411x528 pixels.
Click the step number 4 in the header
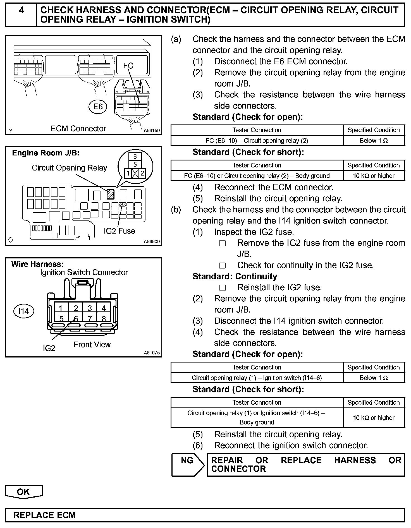point(21,11)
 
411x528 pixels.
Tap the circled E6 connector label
point(98,107)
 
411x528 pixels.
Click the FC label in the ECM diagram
point(128,66)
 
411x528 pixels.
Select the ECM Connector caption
point(78,129)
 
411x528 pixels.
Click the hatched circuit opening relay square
point(110,194)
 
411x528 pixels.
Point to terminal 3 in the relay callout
point(135,157)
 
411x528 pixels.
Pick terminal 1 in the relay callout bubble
point(128,174)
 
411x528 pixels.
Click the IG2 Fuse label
point(119,231)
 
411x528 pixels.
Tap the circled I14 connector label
point(23,311)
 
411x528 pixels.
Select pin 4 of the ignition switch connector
point(104,308)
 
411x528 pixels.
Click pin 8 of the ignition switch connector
point(104,318)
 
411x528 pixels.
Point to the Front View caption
point(92,345)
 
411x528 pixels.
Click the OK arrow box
point(24,492)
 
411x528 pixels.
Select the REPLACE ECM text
point(44,515)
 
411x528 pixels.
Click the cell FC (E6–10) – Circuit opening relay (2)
point(257,141)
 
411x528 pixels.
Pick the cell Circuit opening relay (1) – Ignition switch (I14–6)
point(257,378)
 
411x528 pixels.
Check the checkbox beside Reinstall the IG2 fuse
point(223,288)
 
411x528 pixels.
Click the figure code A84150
point(152,130)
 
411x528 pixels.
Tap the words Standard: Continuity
point(235,277)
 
